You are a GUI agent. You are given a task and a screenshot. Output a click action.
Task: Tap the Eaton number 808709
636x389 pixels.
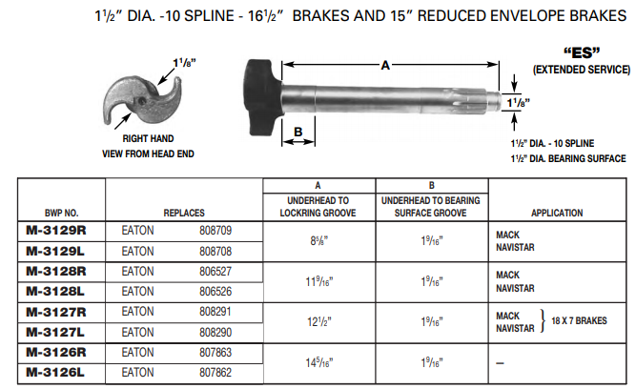pyautogui.click(x=215, y=231)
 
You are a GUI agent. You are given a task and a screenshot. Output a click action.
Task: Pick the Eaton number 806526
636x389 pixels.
pyautogui.click(x=215, y=291)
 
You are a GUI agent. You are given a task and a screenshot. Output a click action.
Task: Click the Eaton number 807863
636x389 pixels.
pyautogui.click(x=215, y=352)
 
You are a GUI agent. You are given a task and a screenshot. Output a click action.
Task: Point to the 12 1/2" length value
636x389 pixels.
pyautogui.click(x=318, y=321)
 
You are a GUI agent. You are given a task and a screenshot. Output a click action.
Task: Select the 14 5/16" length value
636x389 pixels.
pyautogui.click(x=318, y=362)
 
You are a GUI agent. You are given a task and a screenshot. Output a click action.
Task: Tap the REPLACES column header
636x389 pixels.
pyautogui.click(x=184, y=214)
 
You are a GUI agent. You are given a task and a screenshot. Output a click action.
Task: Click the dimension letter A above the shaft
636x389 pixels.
pyautogui.click(x=384, y=66)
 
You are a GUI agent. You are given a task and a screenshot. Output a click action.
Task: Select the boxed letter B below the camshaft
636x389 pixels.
pyautogui.click(x=297, y=132)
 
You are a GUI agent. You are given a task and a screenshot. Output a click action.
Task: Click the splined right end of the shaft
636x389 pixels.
pyautogui.click(x=496, y=98)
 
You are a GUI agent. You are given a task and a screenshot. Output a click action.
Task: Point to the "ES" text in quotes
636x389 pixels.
pyautogui.click(x=581, y=54)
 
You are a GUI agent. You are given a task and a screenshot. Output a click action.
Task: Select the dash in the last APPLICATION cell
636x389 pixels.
pyautogui.click(x=500, y=362)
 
